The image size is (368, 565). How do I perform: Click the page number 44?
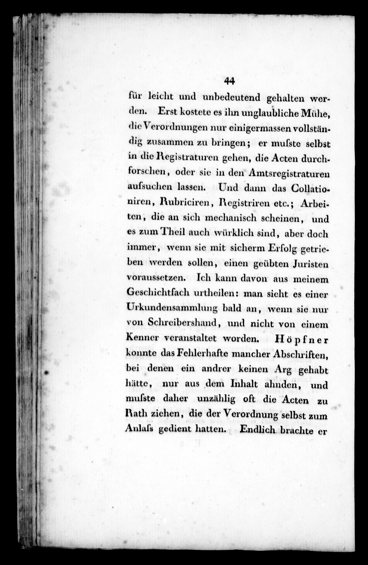tap(229, 81)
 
